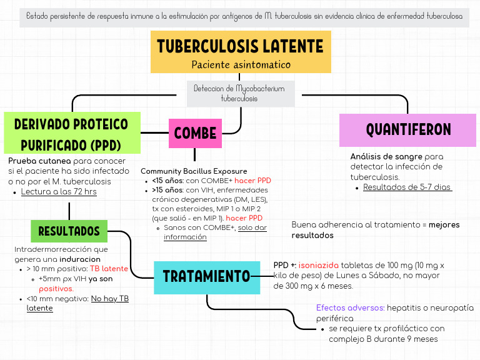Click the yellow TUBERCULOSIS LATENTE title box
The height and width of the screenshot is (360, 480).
pyautogui.click(x=241, y=47)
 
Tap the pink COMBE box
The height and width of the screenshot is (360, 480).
pyautogui.click(x=195, y=133)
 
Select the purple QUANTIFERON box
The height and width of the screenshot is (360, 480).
pyautogui.click(x=408, y=130)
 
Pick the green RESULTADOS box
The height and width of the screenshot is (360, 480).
pyautogui.click(x=69, y=231)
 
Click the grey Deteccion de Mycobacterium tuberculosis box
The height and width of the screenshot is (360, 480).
pyautogui.click(x=240, y=94)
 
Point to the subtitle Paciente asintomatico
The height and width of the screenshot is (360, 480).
pyautogui.click(x=241, y=65)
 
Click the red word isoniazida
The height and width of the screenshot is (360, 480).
pyautogui.click(x=319, y=265)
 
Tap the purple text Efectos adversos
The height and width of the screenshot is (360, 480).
pyautogui.click(x=350, y=307)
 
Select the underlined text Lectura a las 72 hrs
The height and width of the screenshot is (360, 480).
pyautogui.click(x=59, y=192)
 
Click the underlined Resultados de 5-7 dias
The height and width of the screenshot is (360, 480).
pyautogui.click(x=407, y=187)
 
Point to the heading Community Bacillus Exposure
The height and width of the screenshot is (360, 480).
pyautogui.click(x=194, y=171)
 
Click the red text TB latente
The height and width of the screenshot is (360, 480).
pyautogui.click(x=109, y=269)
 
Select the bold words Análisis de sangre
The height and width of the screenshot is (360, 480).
pyautogui.click(x=386, y=156)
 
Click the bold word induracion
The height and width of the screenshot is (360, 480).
pyautogui.click(x=80, y=259)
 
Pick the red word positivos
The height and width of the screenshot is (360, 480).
pyautogui.click(x=56, y=289)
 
